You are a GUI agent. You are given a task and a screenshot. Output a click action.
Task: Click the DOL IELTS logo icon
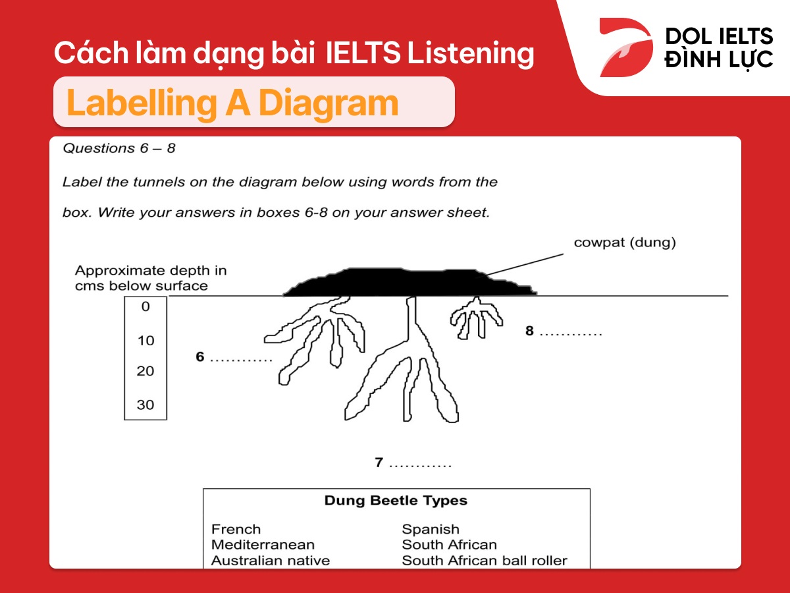(x=625, y=47)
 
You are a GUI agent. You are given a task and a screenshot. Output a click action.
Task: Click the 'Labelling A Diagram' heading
(x=232, y=103)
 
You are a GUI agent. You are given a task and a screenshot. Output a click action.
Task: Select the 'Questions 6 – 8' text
(x=119, y=148)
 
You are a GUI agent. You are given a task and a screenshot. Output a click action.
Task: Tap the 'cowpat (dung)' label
(x=625, y=242)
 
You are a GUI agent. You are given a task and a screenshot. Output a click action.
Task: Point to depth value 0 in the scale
(x=145, y=307)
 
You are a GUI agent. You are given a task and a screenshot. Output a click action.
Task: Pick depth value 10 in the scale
(x=145, y=341)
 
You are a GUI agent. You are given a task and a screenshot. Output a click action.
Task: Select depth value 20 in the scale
(x=145, y=371)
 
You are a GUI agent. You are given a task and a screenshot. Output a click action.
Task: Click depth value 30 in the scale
(x=145, y=405)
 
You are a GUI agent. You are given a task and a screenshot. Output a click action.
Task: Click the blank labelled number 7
(x=420, y=463)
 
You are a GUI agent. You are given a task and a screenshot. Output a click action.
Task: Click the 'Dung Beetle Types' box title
(x=396, y=501)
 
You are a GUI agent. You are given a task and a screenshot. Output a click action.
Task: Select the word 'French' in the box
(x=236, y=529)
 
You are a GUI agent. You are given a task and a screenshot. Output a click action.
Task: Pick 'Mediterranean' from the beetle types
(x=263, y=545)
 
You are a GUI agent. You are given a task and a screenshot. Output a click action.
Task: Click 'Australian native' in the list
(x=271, y=561)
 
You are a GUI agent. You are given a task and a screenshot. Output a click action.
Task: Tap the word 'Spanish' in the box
(x=431, y=529)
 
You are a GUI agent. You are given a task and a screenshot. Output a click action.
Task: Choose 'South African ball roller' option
(x=485, y=561)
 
